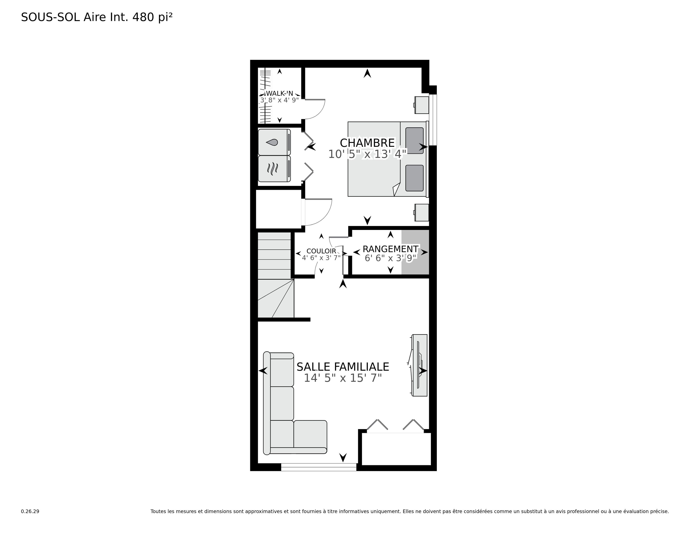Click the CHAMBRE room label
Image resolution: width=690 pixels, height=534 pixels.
[367, 143]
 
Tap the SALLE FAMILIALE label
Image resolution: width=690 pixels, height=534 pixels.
[343, 367]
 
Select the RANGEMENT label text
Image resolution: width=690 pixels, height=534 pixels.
[391, 249]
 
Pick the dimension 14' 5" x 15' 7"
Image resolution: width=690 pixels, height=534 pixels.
[343, 378]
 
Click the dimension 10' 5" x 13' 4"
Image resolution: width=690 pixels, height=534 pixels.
[367, 154]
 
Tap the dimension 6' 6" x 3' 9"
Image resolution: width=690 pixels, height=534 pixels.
[391, 258]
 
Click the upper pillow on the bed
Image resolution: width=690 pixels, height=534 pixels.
[414, 141]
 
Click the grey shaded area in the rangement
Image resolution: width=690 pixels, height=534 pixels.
[415, 252]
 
